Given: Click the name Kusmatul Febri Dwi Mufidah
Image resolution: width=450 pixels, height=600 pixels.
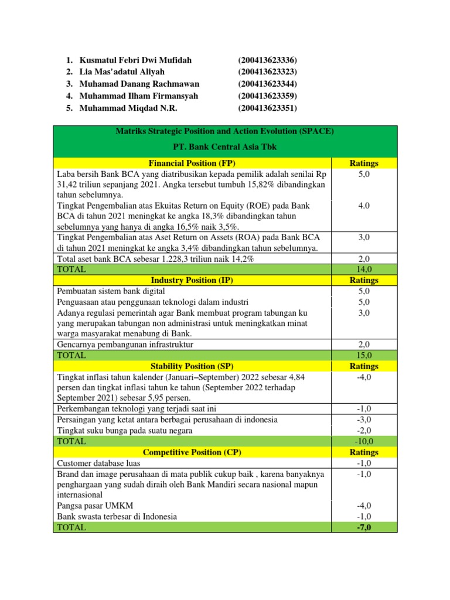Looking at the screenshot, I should [x=135, y=60].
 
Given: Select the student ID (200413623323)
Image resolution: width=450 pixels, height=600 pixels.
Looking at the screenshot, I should [x=267, y=72].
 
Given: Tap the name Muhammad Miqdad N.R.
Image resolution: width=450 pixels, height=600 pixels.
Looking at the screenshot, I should [x=128, y=108].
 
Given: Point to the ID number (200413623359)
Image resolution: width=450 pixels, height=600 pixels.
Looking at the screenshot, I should [x=267, y=96].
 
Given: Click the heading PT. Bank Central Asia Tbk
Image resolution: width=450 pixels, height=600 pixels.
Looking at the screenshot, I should [x=225, y=147].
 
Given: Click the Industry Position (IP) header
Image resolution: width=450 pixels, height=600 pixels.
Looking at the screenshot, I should [x=192, y=280].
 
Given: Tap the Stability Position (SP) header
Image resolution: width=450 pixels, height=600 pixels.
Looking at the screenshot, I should [x=192, y=366].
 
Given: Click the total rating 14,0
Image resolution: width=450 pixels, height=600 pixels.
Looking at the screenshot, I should [x=364, y=270].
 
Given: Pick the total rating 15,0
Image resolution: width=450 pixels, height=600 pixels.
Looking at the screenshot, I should [x=364, y=356].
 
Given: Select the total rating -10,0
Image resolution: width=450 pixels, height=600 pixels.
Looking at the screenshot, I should [x=364, y=442].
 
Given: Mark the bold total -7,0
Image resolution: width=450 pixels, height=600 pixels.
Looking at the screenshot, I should [x=364, y=528].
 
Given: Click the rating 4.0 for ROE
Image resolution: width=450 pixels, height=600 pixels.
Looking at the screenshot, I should [x=364, y=206].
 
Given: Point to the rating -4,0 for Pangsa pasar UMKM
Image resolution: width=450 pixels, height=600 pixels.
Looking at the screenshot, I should [x=364, y=506].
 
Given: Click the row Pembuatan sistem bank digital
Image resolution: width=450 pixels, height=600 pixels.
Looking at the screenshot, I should [x=111, y=291].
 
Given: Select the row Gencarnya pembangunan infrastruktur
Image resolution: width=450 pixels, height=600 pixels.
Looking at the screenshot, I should [x=125, y=345].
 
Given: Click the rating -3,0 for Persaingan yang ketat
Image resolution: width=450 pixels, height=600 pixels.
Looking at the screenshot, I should [x=364, y=420].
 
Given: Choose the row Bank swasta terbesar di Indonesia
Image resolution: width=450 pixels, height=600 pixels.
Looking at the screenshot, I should [x=117, y=517].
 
